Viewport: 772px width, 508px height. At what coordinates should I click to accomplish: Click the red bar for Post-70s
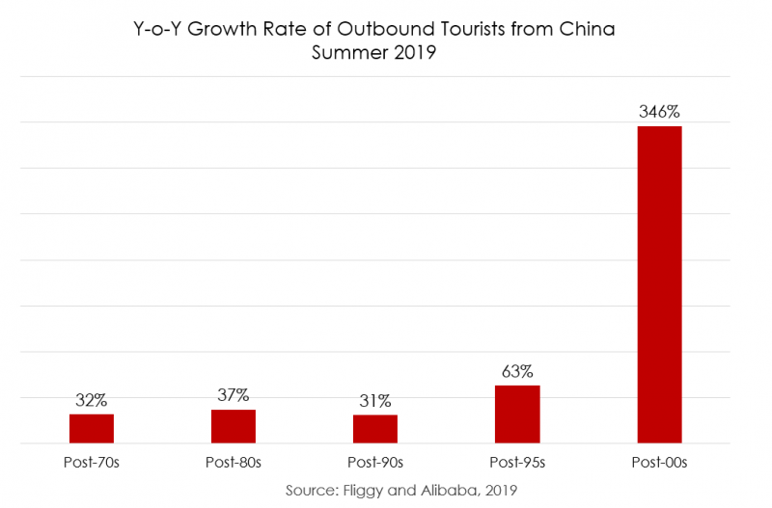[x=92, y=429]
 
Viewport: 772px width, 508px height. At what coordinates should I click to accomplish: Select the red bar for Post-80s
[x=234, y=426]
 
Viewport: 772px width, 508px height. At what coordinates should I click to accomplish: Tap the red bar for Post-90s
[x=375, y=429]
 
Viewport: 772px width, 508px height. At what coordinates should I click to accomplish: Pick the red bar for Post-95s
[x=517, y=414]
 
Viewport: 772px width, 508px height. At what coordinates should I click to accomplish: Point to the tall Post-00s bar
[x=659, y=284]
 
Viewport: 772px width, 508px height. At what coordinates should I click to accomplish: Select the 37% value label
[x=234, y=395]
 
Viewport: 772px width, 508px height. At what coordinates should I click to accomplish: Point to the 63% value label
[x=517, y=371]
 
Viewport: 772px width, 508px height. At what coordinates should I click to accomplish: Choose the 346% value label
[x=659, y=112]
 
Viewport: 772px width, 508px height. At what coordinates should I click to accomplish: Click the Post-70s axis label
[x=92, y=463]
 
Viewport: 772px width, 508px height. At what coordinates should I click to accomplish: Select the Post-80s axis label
[x=234, y=463]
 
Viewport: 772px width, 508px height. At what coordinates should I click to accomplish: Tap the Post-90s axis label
[x=375, y=463]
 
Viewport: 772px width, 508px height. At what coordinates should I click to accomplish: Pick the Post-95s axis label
[x=517, y=463]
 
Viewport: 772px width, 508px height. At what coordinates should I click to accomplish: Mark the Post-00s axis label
[x=659, y=463]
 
